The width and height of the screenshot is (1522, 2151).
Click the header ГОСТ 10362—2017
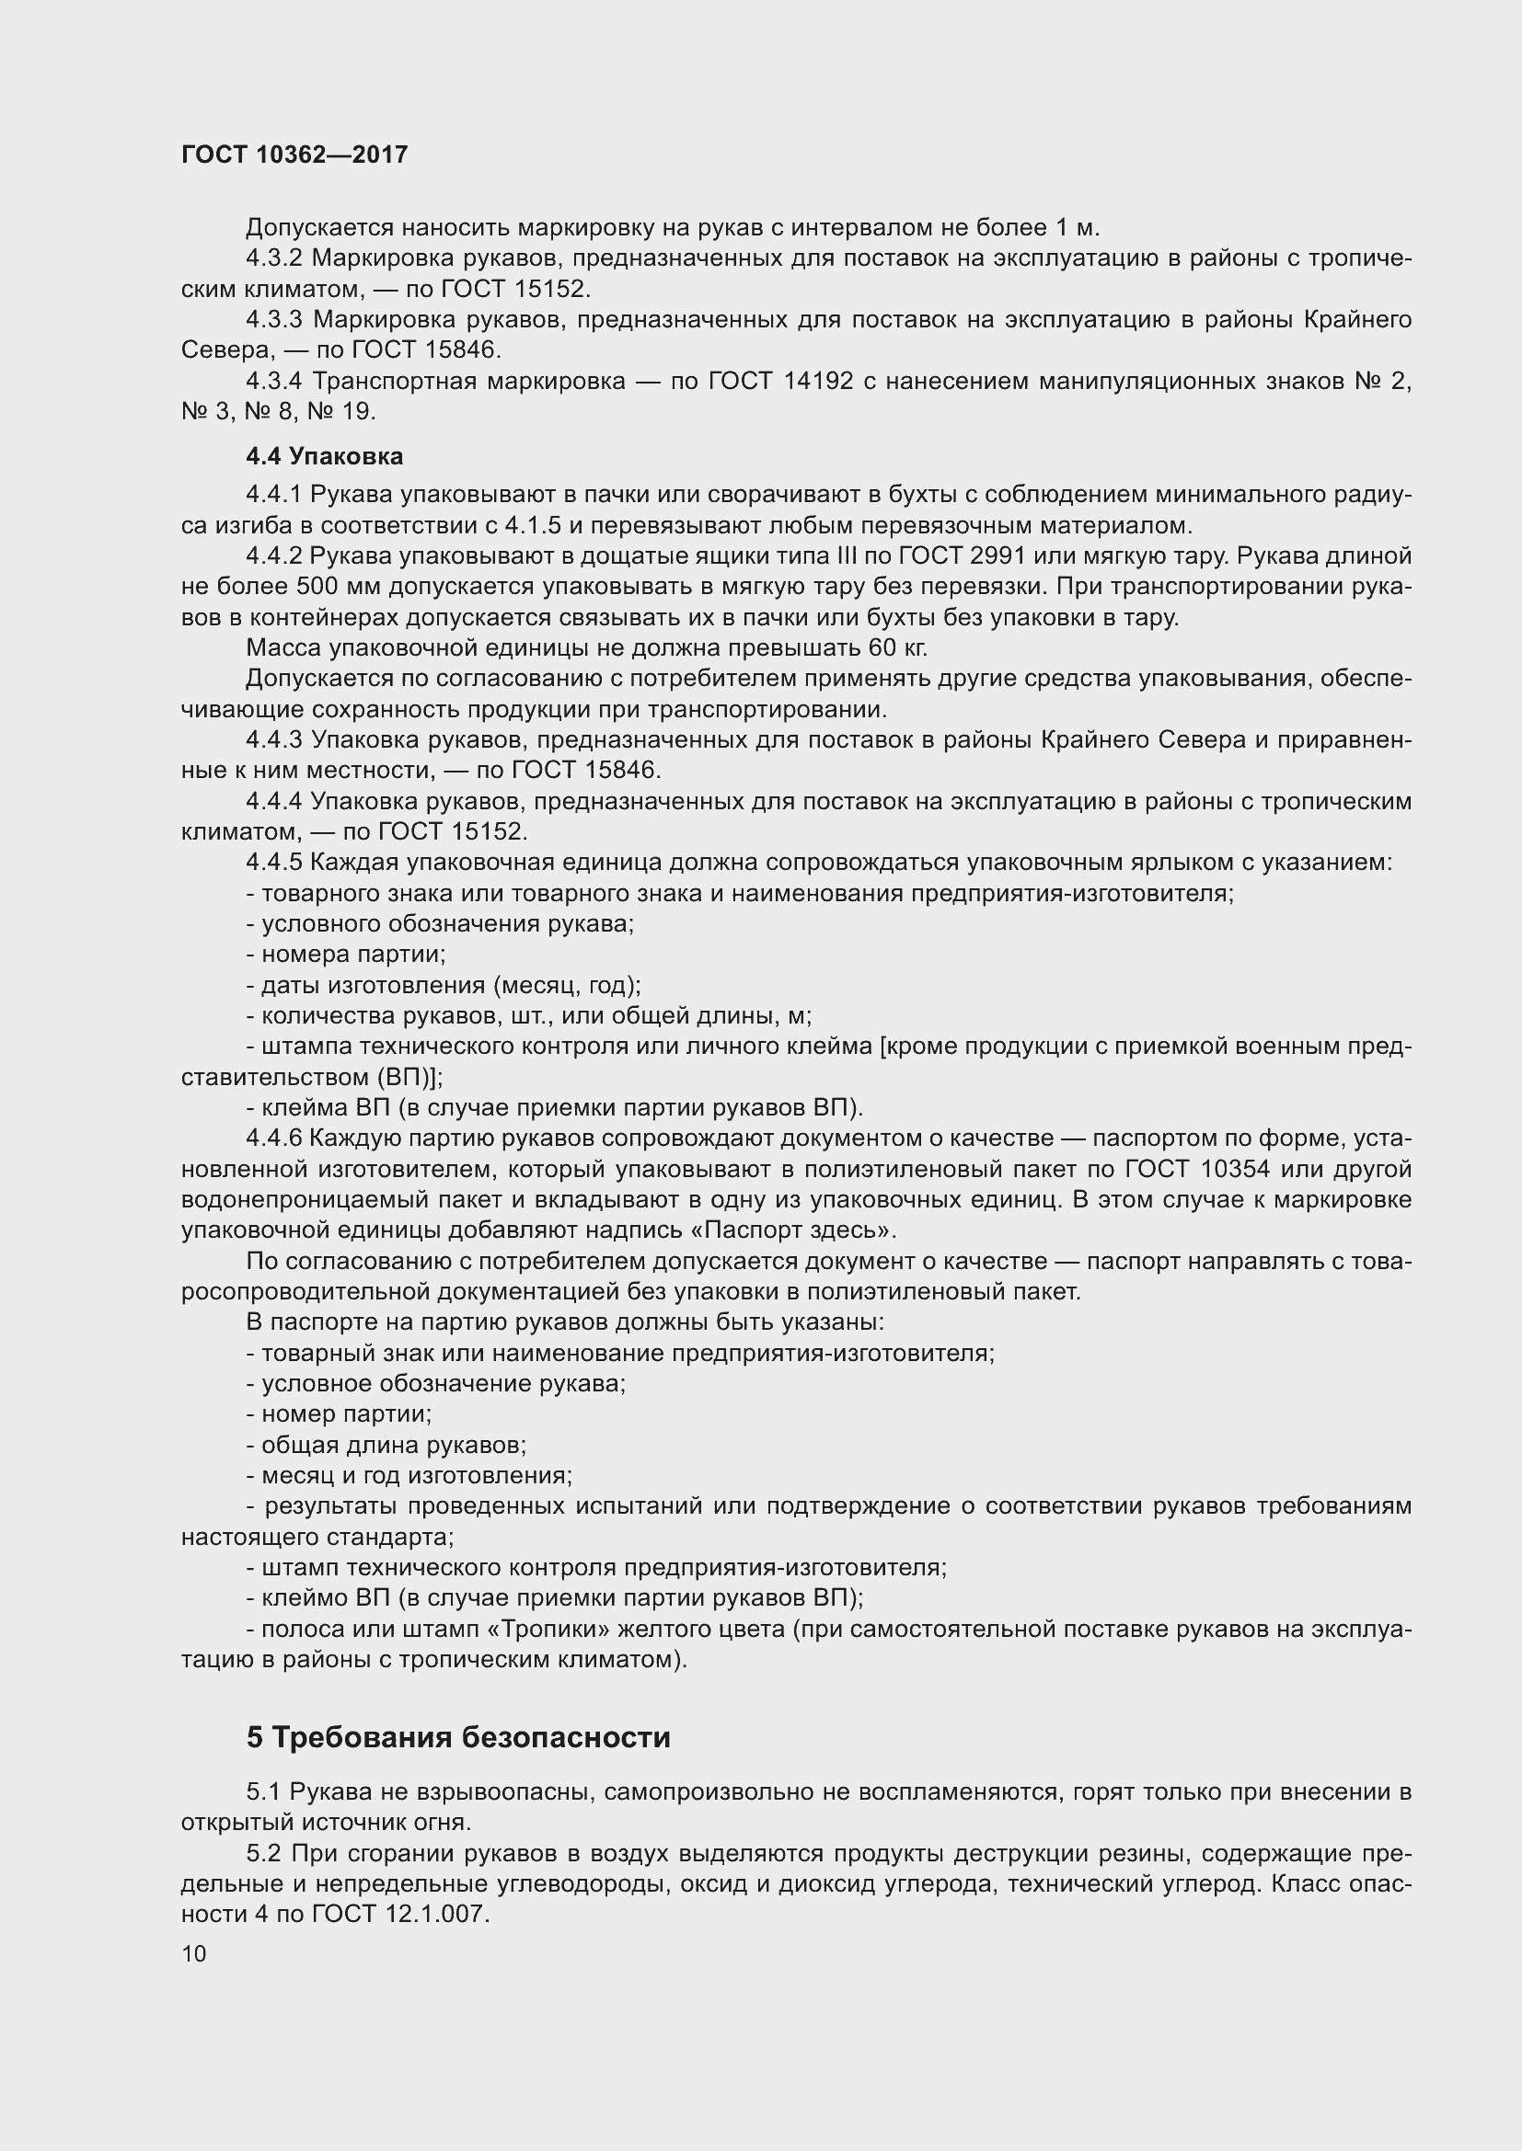point(294,154)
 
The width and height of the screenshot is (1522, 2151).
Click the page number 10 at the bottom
point(194,1953)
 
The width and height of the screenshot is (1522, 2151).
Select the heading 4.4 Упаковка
point(324,456)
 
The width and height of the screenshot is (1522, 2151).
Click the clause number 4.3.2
point(273,257)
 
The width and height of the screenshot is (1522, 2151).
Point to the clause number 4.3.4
point(273,382)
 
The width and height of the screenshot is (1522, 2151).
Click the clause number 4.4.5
point(273,862)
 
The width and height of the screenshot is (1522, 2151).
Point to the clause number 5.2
point(264,1853)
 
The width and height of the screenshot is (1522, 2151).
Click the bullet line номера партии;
point(346,954)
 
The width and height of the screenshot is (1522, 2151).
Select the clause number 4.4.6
point(273,1138)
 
